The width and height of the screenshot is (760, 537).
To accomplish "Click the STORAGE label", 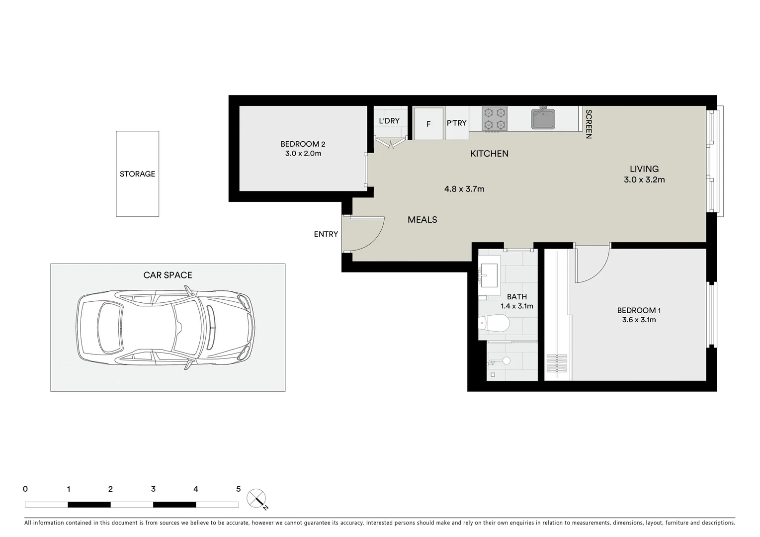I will click(137, 174).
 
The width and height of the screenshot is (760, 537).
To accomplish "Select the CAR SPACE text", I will click(168, 275).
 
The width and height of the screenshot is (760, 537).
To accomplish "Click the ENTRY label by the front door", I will click(326, 234).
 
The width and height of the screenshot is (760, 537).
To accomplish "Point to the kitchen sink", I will click(543, 119).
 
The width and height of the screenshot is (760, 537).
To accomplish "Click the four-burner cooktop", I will click(495, 119).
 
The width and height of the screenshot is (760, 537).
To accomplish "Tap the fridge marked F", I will click(428, 124).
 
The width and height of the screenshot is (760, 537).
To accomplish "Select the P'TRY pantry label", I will click(456, 123).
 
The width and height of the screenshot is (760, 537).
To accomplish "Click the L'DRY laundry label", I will click(389, 121).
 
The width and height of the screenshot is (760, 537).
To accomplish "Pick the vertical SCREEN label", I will click(589, 124).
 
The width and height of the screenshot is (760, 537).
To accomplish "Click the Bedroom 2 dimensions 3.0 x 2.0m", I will click(303, 154).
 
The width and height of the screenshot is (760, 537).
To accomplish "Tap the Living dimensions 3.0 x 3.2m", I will click(644, 179).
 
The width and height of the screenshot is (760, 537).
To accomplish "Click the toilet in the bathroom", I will click(494, 324).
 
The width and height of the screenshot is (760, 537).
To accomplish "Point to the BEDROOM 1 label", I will click(639, 310).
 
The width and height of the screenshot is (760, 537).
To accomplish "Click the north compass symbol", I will click(256, 498).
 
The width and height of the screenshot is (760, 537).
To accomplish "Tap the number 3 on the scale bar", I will click(153, 489).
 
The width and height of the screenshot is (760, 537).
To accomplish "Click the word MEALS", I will click(422, 220).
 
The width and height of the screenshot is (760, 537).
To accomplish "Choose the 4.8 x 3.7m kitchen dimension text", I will click(464, 189).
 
